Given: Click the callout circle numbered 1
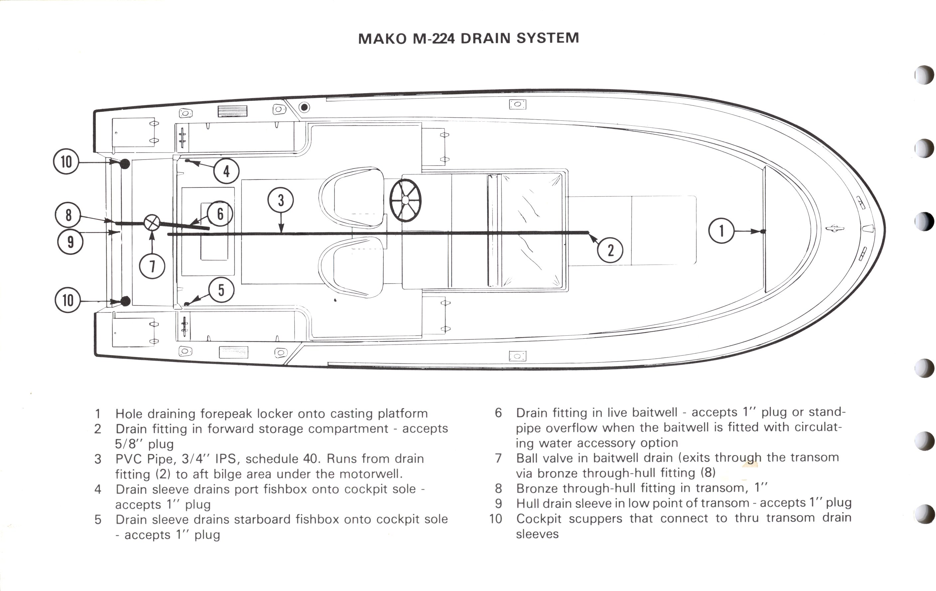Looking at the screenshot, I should pyautogui.click(x=722, y=231).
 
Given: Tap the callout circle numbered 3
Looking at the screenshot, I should pyautogui.click(x=281, y=200).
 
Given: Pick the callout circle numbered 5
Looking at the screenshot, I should pyautogui.click(x=221, y=290).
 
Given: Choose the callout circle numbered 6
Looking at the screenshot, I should pyautogui.click(x=220, y=214).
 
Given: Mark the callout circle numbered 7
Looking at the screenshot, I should pyautogui.click(x=152, y=266).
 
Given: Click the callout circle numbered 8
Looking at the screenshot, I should pyautogui.click(x=68, y=215).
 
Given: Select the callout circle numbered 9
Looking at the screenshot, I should pyautogui.click(x=70, y=242).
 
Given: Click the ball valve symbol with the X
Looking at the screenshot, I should pyautogui.click(x=152, y=223).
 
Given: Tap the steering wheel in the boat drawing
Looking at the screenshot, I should pyautogui.click(x=405, y=200).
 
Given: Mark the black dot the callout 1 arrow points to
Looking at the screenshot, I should pyautogui.click(x=763, y=231).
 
